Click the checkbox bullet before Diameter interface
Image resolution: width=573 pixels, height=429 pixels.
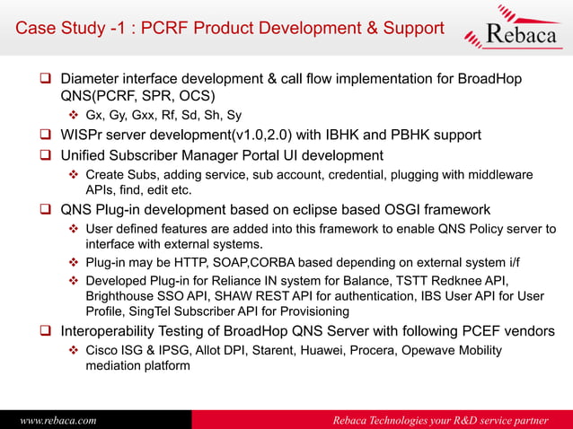click(42, 80)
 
